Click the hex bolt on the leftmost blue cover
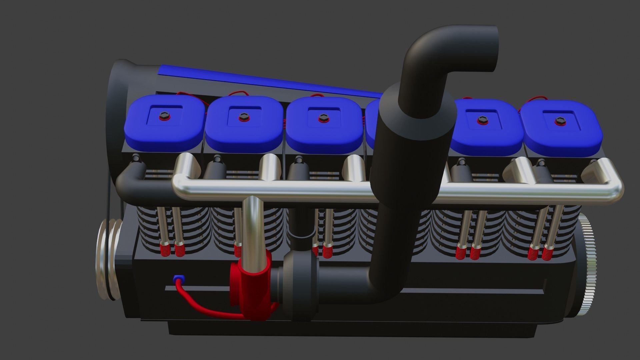click(x=163, y=115)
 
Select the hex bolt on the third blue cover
click(x=322, y=117)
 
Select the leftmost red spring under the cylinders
click(x=164, y=250)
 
